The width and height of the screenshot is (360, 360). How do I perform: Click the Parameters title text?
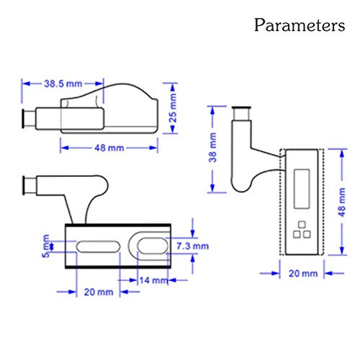coord(300,25)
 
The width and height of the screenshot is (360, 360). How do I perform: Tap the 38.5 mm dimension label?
coord(63,84)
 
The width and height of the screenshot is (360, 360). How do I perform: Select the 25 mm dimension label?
coord(173,108)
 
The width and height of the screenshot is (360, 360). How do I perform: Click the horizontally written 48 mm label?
coord(109,148)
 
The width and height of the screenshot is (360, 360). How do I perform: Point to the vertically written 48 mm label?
coord(342,202)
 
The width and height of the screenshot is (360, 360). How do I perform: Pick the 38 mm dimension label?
coord(213,148)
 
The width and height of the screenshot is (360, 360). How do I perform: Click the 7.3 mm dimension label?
coord(192,246)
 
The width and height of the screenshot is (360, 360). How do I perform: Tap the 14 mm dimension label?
coord(153,280)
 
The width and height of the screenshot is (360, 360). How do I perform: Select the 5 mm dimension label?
coord(46,246)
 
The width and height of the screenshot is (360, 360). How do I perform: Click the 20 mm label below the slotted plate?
coord(99,292)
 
